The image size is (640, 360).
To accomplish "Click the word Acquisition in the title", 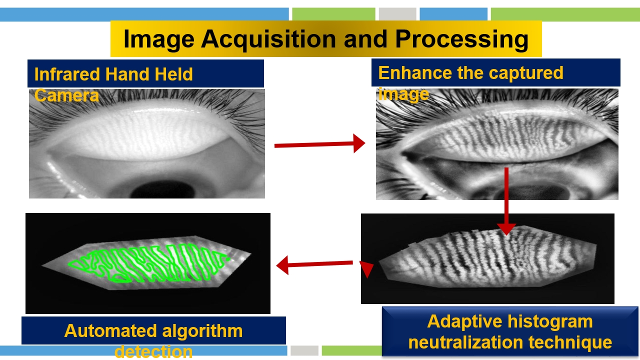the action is point(268,39).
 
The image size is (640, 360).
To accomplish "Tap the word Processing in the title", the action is point(461,39).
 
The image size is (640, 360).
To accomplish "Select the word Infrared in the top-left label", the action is point(67,74).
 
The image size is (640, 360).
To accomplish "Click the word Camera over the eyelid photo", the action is point(66,95).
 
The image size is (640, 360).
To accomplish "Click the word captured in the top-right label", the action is point(525,73).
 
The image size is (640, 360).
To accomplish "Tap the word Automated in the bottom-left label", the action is point(111,331).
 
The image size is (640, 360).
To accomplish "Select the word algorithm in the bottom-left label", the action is point(202,331).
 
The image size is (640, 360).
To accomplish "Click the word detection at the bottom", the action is point(153,351).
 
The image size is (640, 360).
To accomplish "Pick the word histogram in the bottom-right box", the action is point(550,322).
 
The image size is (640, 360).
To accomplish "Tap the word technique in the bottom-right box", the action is point(570,343).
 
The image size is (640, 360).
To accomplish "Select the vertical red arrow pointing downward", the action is point(506,201).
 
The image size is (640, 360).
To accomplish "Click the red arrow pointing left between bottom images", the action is point(314,264).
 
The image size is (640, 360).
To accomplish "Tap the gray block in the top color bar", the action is point(397,14).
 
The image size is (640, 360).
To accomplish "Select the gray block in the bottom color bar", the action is point(304,350).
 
